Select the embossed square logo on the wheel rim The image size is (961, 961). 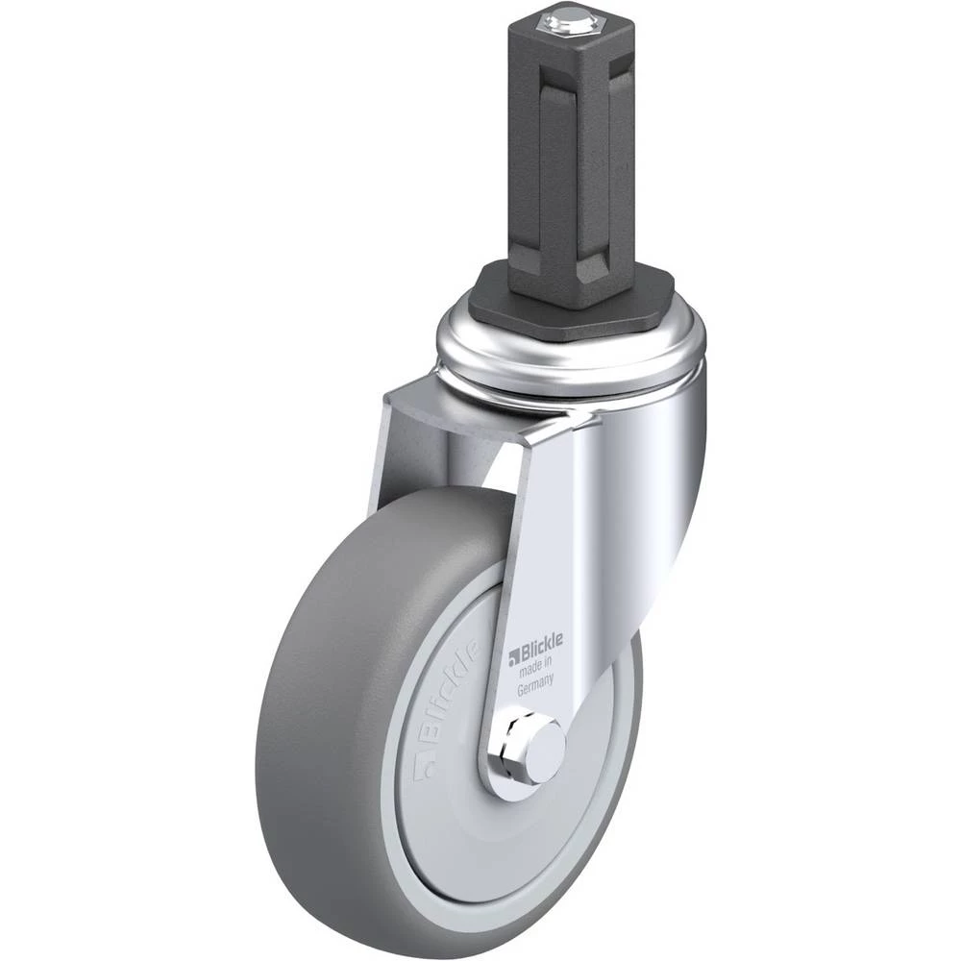(x=424, y=770)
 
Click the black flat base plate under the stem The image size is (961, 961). (x=573, y=295)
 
